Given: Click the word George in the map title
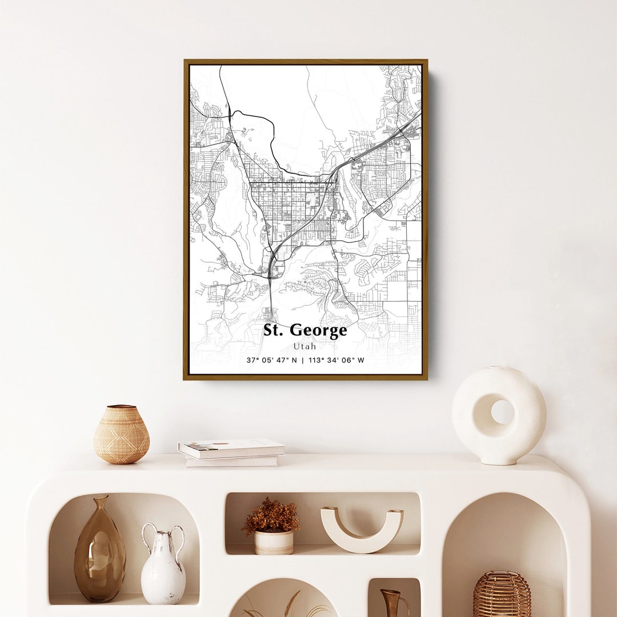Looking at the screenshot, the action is click(x=319, y=331).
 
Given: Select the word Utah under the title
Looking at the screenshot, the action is click(x=305, y=346).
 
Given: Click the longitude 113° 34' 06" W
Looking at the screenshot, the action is click(x=336, y=360).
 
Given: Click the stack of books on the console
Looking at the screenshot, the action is click(x=231, y=452).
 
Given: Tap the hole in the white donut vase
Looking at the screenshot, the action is click(x=502, y=411).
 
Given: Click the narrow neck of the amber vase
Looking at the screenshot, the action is click(x=101, y=506).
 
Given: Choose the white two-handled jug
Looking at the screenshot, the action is click(x=163, y=566).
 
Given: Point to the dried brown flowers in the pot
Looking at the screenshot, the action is click(x=271, y=516).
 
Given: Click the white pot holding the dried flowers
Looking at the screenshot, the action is click(x=274, y=542).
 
